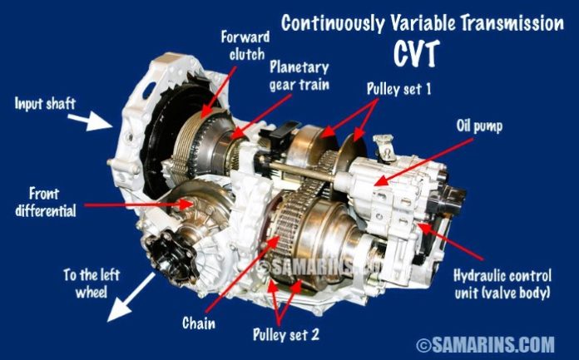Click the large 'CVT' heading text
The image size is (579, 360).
click(x=416, y=53)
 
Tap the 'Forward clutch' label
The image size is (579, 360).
click(x=245, y=46)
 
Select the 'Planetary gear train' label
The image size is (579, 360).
click(x=299, y=76)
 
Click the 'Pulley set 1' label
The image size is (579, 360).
click(x=398, y=89)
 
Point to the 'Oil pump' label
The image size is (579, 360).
click(x=479, y=126)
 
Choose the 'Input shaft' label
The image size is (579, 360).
click(x=45, y=103)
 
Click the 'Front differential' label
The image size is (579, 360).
click(x=46, y=202)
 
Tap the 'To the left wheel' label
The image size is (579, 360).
click(x=92, y=284)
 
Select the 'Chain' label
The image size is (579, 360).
click(x=199, y=323)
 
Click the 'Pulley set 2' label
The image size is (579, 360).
click(x=286, y=334)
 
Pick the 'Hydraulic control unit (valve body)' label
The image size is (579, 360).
click(x=502, y=284)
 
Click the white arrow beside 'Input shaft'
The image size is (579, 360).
click(x=90, y=121)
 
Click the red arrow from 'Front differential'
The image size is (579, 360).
click(x=139, y=205)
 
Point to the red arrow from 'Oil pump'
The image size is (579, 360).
click(x=424, y=162)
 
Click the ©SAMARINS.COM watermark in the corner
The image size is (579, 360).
click(x=485, y=344)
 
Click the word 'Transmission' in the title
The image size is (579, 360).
click(x=512, y=23)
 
